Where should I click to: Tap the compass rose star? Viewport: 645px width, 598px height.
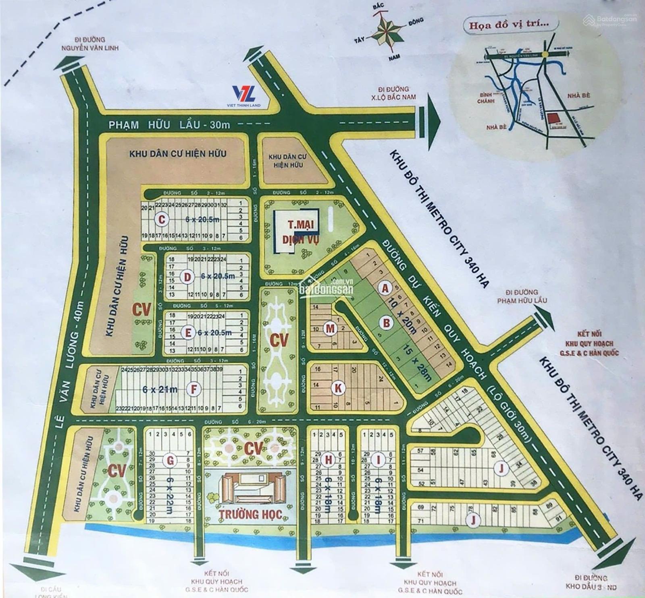(x=386, y=34)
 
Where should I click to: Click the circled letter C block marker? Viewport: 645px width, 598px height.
(x=161, y=219)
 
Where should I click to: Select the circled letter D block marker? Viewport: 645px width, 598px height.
(x=187, y=277)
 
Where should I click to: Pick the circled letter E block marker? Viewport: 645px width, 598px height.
(x=187, y=333)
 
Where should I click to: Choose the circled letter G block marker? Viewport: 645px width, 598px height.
(x=170, y=459)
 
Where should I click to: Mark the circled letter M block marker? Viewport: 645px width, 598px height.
(x=331, y=329)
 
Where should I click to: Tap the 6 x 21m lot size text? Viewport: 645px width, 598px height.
(x=160, y=389)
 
